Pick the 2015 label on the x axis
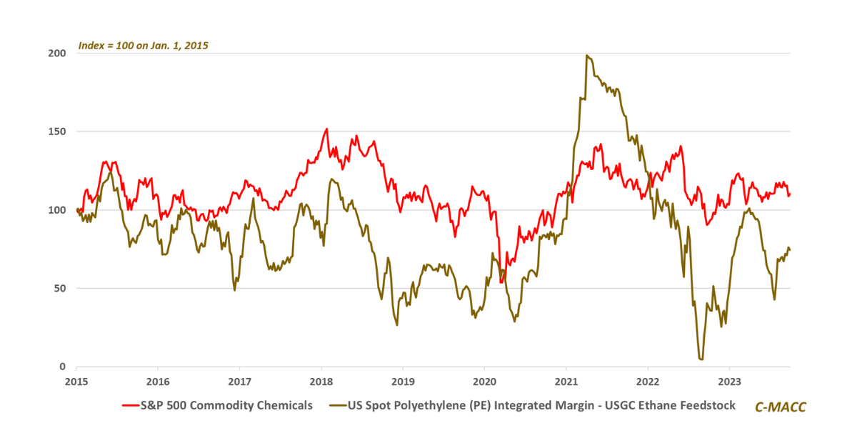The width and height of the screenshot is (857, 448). pyautogui.click(x=76, y=380)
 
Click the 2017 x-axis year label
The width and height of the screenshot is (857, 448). pyautogui.click(x=239, y=380)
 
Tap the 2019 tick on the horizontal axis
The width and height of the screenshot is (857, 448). pyautogui.click(x=403, y=380)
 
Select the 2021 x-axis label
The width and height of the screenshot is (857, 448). pyautogui.click(x=566, y=380)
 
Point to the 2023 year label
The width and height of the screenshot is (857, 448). pyautogui.click(x=729, y=380)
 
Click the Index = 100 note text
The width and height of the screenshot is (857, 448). pyautogui.click(x=143, y=46)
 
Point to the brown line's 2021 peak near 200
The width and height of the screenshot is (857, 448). pyautogui.click(x=586, y=56)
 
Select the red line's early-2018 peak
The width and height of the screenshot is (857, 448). pyautogui.click(x=326, y=129)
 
